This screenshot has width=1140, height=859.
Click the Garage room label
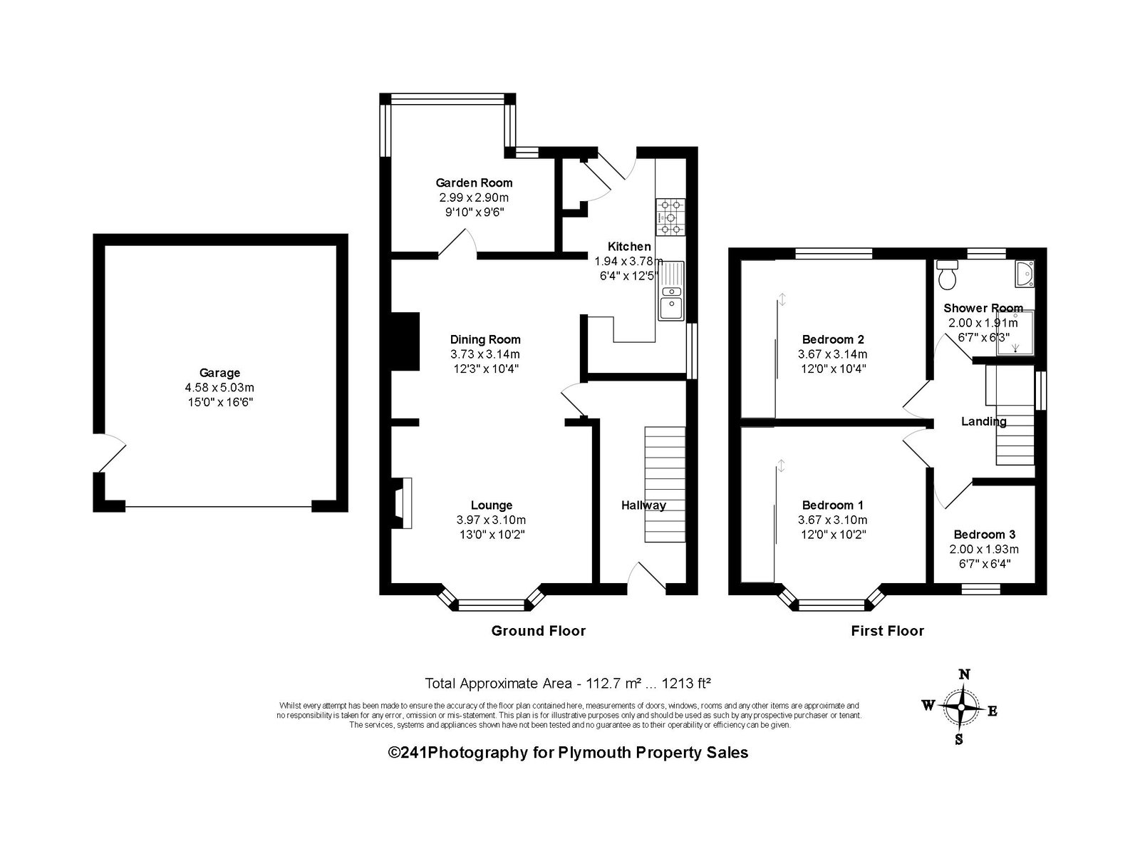(x=219, y=373)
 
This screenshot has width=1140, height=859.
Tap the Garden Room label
(x=474, y=183)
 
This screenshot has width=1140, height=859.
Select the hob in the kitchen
(x=670, y=217)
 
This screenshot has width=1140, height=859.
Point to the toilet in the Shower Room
(x=947, y=274)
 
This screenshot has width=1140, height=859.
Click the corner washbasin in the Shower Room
(x=1025, y=273)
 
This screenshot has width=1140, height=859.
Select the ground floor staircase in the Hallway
(x=665, y=484)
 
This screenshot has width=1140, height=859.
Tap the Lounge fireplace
(x=403, y=503)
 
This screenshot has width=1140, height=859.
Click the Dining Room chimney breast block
(x=405, y=341)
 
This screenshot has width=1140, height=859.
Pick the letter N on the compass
(x=964, y=674)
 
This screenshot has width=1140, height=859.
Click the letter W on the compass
(x=928, y=705)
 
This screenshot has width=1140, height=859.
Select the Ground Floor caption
(x=538, y=631)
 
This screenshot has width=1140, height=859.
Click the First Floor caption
(x=888, y=631)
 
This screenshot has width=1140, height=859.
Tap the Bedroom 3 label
(x=984, y=534)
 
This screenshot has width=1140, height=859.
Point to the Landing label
(x=984, y=421)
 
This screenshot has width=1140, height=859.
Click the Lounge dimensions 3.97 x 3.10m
(x=491, y=520)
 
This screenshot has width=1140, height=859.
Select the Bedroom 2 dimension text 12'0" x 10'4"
(x=832, y=369)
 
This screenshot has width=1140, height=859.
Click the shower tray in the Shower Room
(x=1015, y=333)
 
